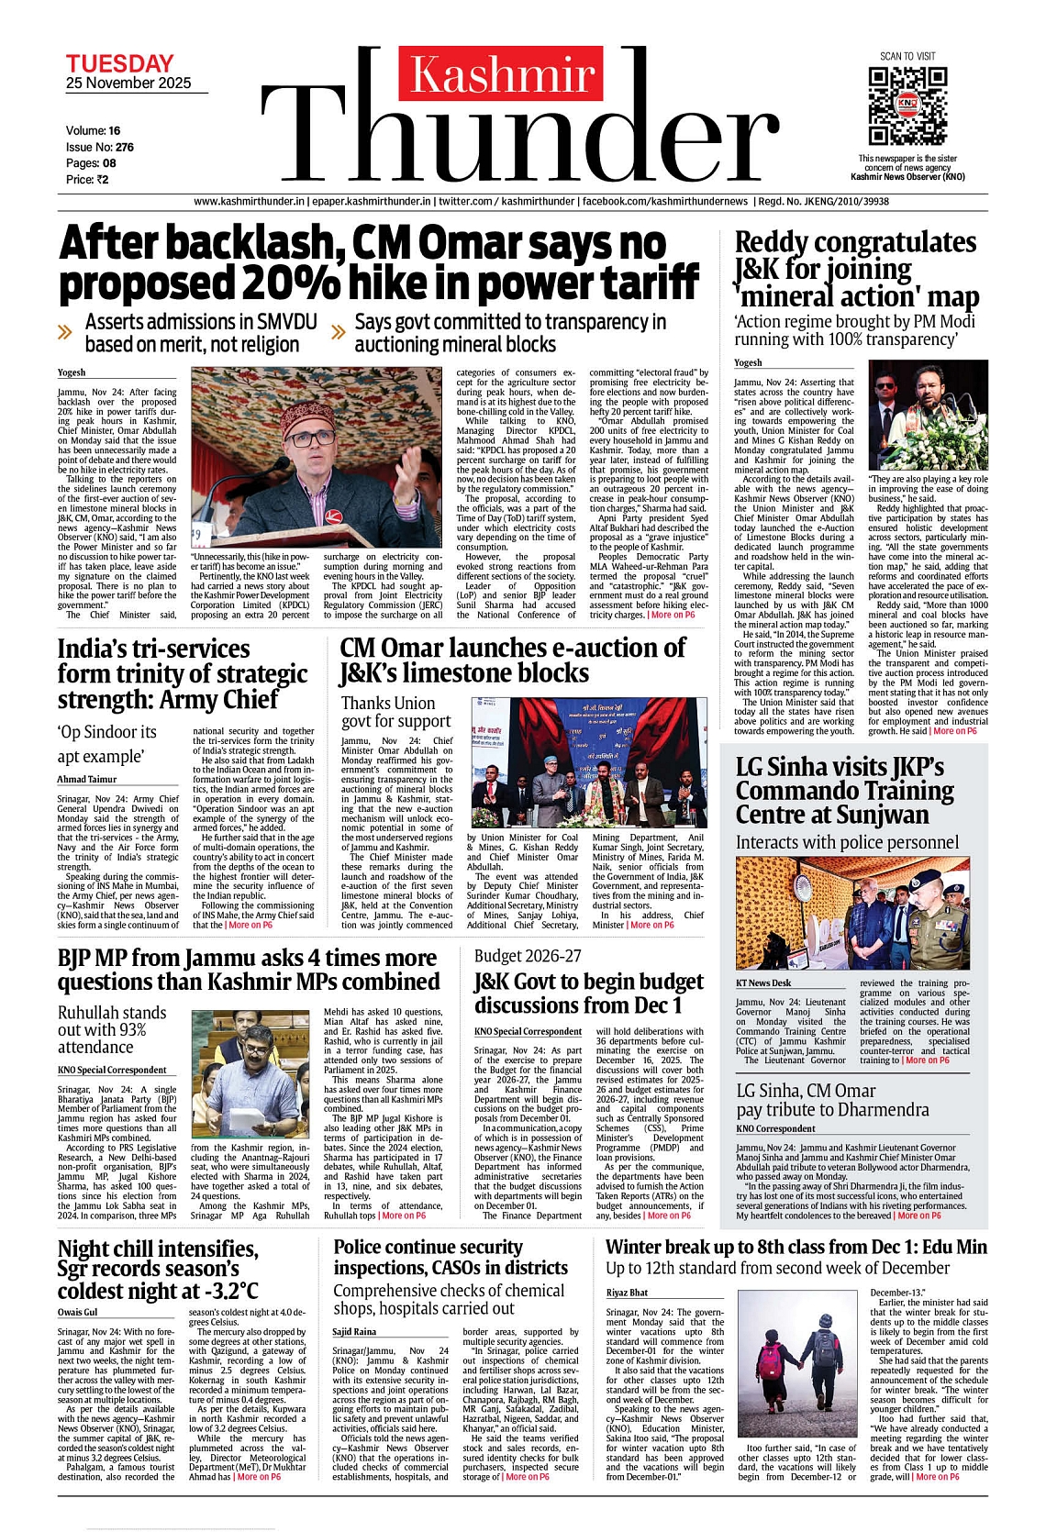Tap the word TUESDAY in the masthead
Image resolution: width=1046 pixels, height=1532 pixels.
point(119,63)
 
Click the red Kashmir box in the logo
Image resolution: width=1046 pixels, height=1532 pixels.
point(501,74)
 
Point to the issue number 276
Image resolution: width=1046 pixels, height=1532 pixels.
point(125,147)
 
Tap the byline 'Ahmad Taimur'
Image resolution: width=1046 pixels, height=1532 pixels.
point(87,779)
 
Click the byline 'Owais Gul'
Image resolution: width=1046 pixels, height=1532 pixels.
point(77,1312)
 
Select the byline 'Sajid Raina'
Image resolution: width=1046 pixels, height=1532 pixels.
point(354,1331)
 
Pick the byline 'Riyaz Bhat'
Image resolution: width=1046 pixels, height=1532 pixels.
point(628,1293)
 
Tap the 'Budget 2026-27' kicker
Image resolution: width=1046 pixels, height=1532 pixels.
point(528,956)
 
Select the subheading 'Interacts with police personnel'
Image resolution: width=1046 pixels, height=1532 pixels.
point(847,842)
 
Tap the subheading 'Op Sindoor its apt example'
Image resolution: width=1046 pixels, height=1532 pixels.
point(106,744)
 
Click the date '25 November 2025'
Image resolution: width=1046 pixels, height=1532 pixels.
point(128,83)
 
